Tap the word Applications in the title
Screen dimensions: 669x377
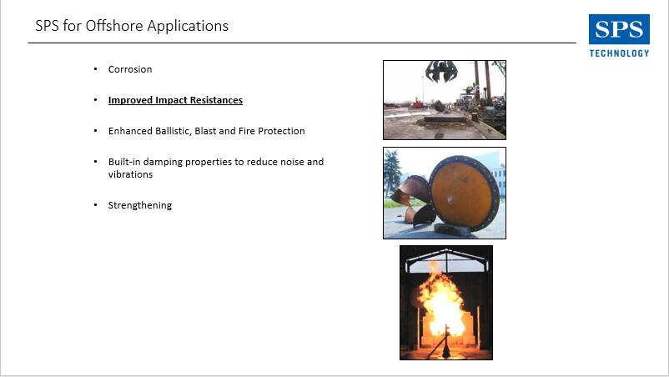188,27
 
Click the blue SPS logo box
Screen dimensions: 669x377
619,29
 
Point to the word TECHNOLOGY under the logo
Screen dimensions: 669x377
619,53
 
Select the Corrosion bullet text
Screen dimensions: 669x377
129,69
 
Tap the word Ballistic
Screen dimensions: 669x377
174,131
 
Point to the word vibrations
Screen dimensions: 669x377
130,174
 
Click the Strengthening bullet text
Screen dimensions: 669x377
140,205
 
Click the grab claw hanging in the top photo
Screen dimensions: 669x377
441,71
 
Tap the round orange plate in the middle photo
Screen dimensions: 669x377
464,193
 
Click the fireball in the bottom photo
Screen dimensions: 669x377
441,300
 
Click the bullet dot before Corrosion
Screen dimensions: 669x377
96,68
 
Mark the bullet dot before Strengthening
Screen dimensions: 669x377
96,204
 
